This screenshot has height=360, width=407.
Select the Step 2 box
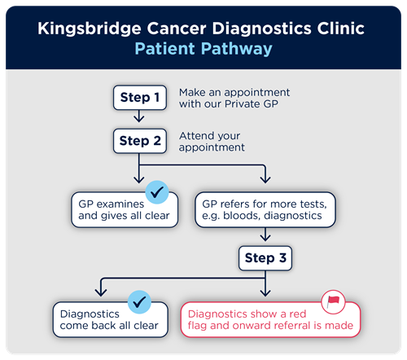(x=140, y=141)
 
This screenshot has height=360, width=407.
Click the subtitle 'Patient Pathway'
(x=203, y=49)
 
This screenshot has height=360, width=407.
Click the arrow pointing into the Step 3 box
(x=265, y=237)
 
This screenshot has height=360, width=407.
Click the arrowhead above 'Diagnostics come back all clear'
(x=100, y=292)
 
